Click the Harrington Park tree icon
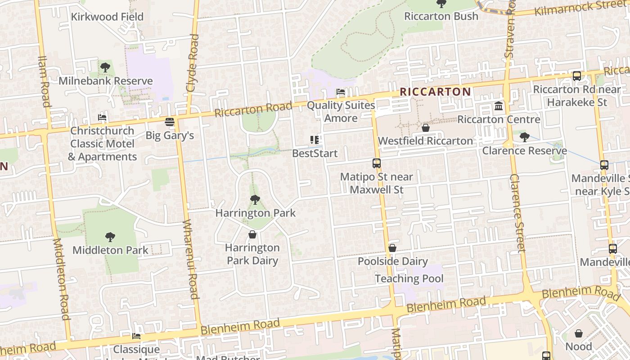tap(255, 200)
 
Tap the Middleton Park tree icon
tap(110, 237)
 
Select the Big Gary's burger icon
tap(170, 122)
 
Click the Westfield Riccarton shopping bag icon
tap(425, 128)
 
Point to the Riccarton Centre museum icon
tap(499, 106)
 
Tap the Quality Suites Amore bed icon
tap(341, 92)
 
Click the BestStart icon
tap(315, 140)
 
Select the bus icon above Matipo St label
tap(377, 163)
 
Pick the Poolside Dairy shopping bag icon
tap(392, 248)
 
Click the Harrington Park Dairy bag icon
tap(252, 234)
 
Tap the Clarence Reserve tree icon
tap(524, 137)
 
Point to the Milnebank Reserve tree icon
tap(105, 68)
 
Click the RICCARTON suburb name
tap(435, 92)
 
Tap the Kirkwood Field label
tap(107, 17)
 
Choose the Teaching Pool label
tap(409, 279)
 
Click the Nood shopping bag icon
tap(579, 333)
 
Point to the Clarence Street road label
tap(517, 213)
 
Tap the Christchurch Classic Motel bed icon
tap(102, 117)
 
